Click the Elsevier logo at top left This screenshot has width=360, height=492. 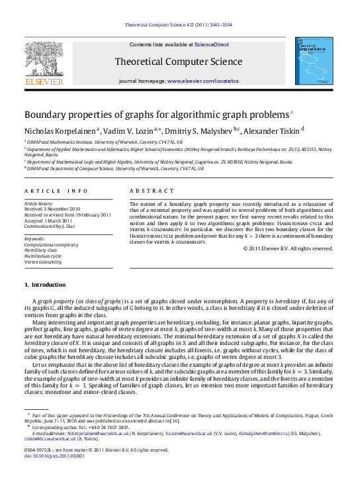[44, 64]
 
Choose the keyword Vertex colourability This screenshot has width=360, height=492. [44, 261]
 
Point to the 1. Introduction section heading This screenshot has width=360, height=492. [46, 284]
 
